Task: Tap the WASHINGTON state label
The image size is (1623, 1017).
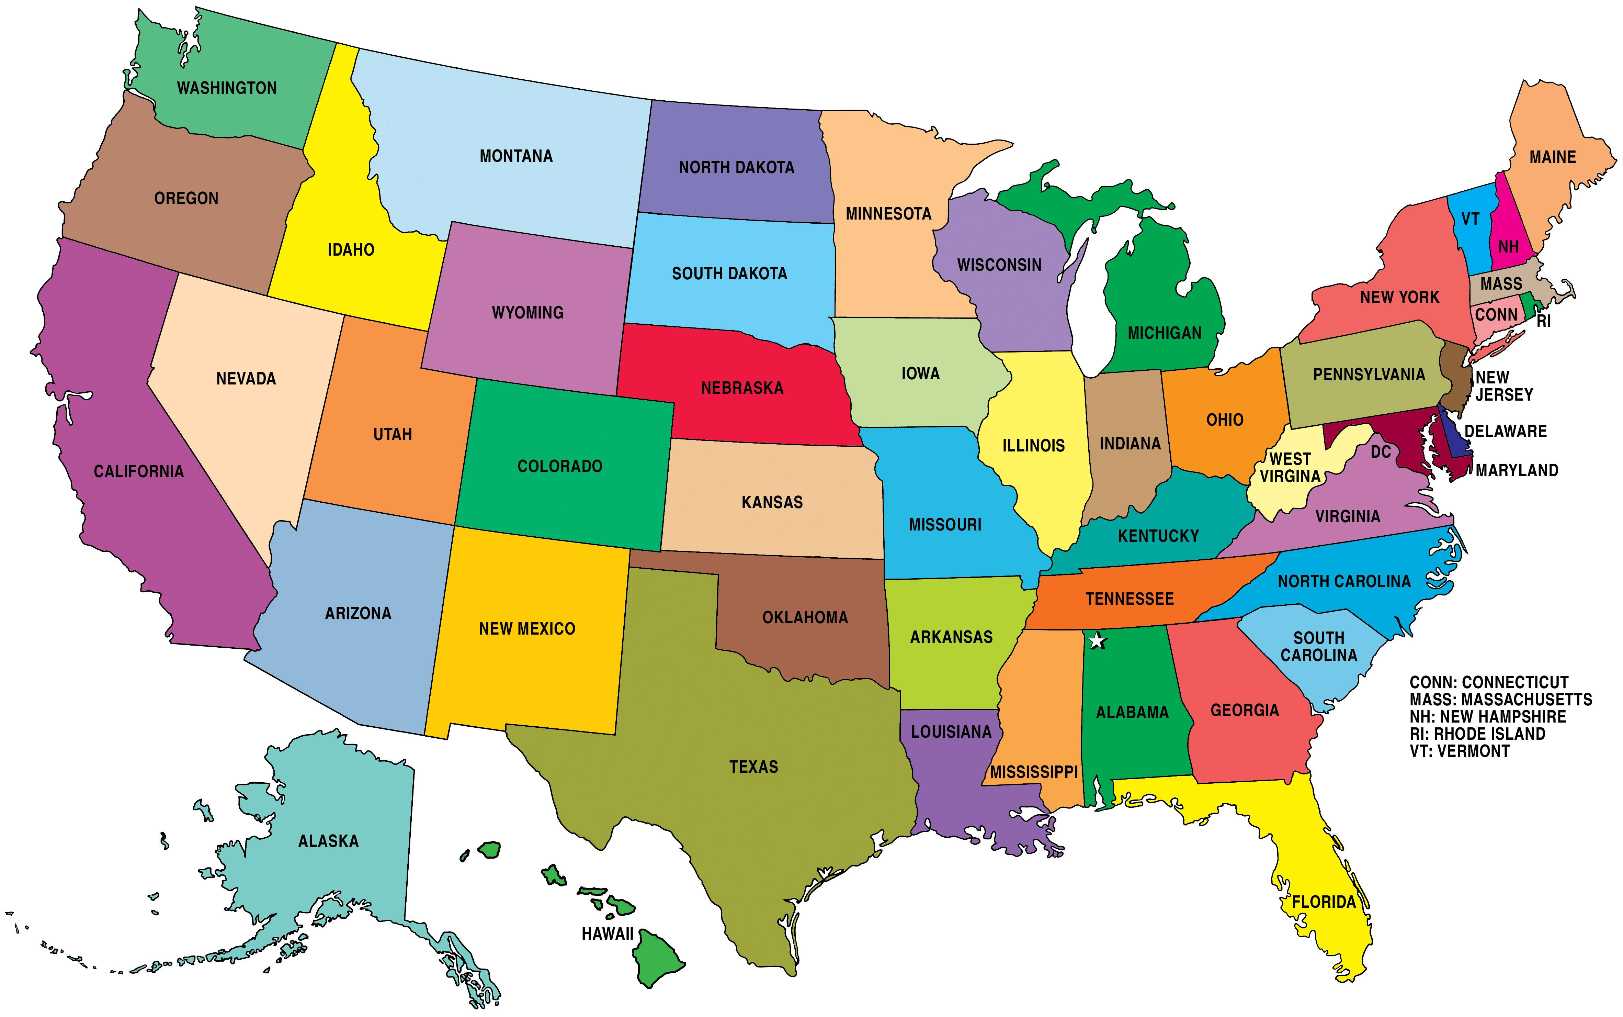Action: click(227, 88)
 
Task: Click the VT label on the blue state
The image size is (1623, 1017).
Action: click(1470, 219)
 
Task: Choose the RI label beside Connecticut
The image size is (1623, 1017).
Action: click(1544, 322)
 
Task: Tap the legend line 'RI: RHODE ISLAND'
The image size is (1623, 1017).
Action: click(1477, 734)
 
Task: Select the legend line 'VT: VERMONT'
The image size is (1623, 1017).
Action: click(1460, 751)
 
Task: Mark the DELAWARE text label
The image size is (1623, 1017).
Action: click(1505, 431)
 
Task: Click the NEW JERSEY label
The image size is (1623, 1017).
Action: click(1503, 386)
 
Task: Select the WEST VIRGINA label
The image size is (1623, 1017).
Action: click(1290, 468)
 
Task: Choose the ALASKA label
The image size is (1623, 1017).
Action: click(328, 841)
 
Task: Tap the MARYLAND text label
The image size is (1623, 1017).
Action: click(1517, 470)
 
